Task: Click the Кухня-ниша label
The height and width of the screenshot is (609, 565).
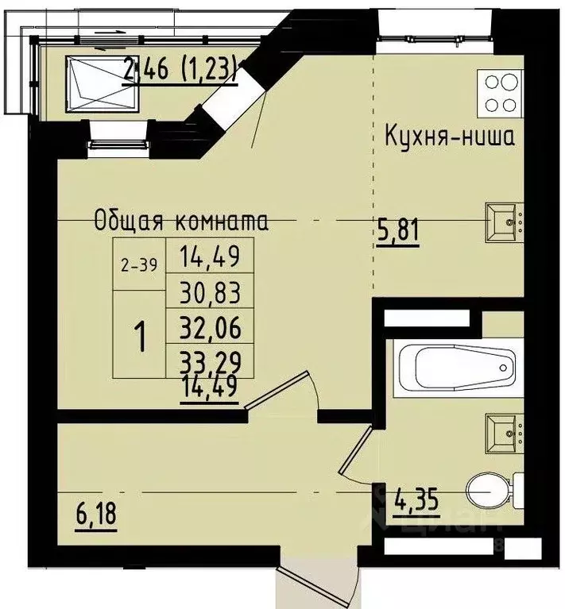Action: [x=449, y=136]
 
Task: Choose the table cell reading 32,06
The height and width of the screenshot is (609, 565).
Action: [x=210, y=326]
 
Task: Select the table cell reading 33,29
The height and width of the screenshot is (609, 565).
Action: [x=210, y=362]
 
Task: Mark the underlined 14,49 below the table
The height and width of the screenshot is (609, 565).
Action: [x=210, y=391]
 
